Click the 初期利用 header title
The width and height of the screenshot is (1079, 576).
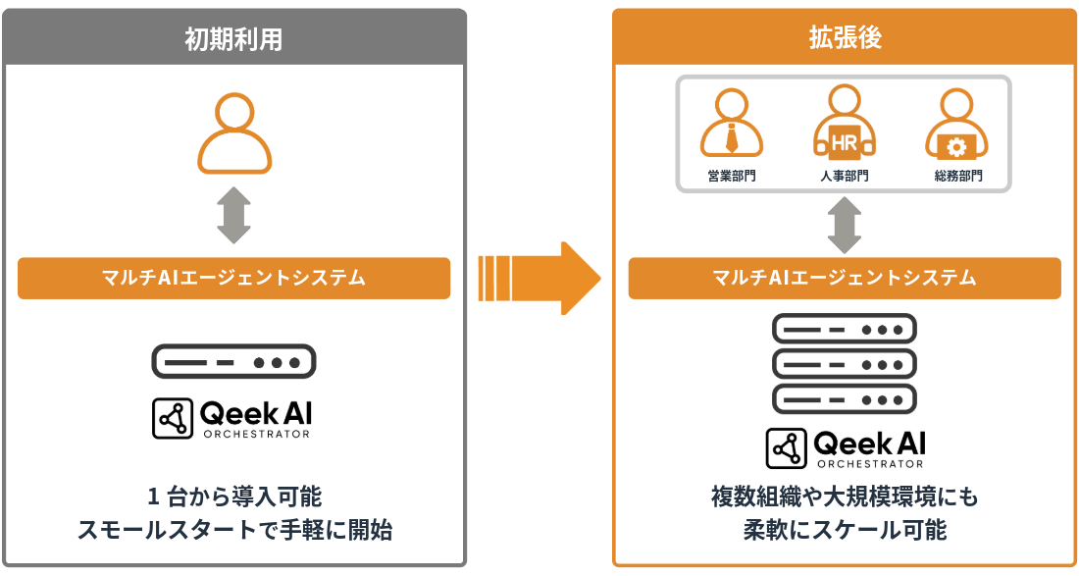pyautogui.click(x=233, y=38)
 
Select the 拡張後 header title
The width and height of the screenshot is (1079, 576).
pyautogui.click(x=845, y=38)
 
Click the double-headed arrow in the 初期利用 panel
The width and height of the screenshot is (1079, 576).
pyautogui.click(x=233, y=216)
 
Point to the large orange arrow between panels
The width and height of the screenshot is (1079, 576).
pyautogui.click(x=539, y=278)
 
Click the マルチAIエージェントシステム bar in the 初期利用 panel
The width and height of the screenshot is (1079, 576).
pyautogui.click(x=233, y=278)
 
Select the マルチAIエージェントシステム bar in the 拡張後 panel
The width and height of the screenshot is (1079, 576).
pyautogui.click(x=845, y=278)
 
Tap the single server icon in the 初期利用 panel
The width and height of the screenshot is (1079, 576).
pyautogui.click(x=233, y=361)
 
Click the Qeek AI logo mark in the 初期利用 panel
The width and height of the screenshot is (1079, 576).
pyautogui.click(x=174, y=419)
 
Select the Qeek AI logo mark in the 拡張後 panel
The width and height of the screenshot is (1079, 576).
pyautogui.click(x=786, y=448)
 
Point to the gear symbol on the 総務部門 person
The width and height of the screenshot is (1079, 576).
pyautogui.click(x=956, y=147)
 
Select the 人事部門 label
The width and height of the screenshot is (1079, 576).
pyautogui.click(x=845, y=177)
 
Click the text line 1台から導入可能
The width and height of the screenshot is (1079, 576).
pyautogui.click(x=233, y=495)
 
